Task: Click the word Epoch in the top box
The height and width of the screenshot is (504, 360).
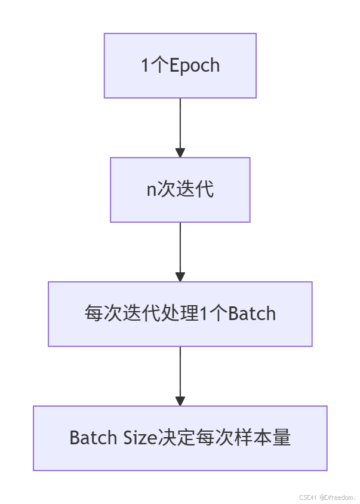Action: tap(195, 65)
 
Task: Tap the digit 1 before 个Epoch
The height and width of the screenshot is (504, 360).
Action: tap(144, 65)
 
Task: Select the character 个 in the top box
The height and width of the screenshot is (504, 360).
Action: tap(159, 65)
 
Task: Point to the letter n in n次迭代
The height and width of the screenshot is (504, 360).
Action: tap(151, 190)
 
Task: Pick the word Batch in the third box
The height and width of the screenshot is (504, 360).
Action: tap(252, 314)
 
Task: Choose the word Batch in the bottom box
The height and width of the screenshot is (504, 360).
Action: tap(93, 438)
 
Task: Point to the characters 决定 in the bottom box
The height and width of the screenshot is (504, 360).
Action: tap(177, 438)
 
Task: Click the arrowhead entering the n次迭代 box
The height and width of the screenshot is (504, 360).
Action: tap(180, 152)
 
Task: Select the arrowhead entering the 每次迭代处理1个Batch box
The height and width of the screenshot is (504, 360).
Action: tap(180, 276)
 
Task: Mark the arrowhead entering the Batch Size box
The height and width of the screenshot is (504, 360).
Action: tap(180, 401)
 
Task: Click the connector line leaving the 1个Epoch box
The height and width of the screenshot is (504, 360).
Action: tap(180, 122)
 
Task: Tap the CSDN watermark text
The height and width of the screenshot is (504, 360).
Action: tap(307, 497)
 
